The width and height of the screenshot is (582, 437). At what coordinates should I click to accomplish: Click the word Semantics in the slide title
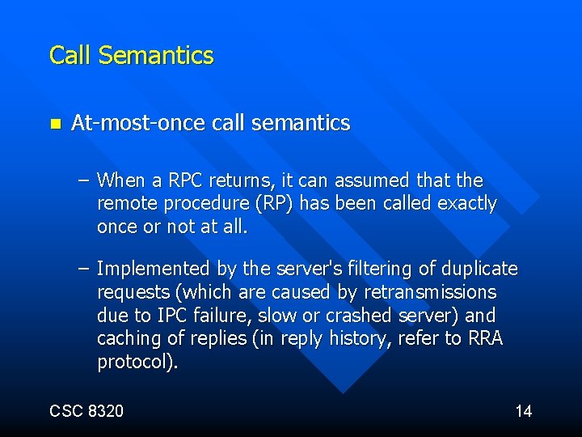(156, 56)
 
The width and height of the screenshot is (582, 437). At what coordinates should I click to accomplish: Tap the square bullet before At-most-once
(54, 124)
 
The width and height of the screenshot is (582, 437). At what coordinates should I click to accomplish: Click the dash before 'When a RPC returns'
(83, 180)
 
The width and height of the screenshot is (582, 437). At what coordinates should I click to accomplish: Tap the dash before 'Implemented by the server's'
(83, 268)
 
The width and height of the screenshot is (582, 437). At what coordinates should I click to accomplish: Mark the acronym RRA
(485, 338)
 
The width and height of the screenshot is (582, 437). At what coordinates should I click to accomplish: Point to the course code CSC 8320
(86, 411)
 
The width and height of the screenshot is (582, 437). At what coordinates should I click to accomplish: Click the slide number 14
(524, 411)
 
